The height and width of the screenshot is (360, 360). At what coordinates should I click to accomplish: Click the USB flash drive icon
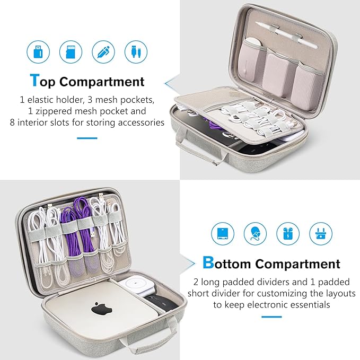(x=38, y=52)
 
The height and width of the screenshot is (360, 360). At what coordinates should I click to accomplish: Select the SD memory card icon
(x=71, y=52)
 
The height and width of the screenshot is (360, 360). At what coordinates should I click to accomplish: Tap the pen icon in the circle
(x=102, y=52)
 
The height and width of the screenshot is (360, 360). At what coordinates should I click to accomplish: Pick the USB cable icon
(x=135, y=52)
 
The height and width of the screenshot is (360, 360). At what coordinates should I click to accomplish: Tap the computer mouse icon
(x=255, y=233)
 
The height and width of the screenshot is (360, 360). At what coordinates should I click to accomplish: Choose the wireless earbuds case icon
(x=287, y=233)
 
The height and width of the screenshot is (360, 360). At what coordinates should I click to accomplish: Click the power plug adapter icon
(x=320, y=233)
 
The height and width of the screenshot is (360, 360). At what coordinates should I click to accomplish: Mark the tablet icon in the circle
(x=223, y=233)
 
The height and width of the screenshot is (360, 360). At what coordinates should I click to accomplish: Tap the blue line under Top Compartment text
(x=87, y=138)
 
